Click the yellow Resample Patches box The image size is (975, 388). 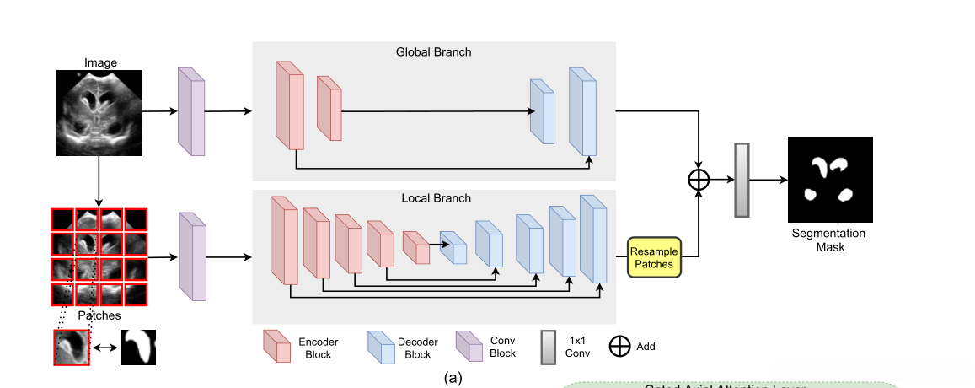(x=654, y=256)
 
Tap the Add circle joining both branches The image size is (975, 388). (x=699, y=180)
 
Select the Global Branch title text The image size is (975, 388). (x=433, y=52)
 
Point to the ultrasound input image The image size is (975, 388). (x=99, y=113)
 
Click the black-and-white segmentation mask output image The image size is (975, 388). (x=830, y=180)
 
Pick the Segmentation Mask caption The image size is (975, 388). (x=828, y=240)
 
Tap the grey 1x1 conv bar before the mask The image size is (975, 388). (x=742, y=180)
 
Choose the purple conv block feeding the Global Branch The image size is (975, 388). (x=191, y=111)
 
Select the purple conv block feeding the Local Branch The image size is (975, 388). (x=192, y=256)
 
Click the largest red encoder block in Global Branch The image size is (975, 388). (x=289, y=105)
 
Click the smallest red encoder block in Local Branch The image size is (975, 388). (x=415, y=248)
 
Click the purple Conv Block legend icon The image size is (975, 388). (x=469, y=346)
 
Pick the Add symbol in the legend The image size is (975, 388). (x=619, y=347)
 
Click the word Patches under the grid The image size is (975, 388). (x=99, y=315)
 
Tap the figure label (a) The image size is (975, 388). (x=453, y=379)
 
